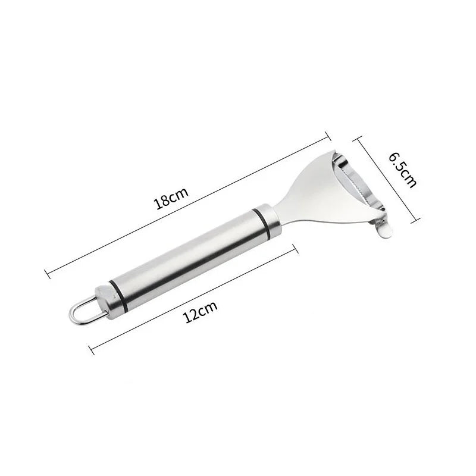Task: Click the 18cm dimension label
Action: click(171, 199)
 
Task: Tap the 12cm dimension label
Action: click(200, 312)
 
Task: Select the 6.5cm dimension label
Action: click(403, 170)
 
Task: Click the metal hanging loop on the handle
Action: click(86, 311)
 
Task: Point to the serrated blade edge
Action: click(358, 186)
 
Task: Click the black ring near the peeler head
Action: click(262, 223)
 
